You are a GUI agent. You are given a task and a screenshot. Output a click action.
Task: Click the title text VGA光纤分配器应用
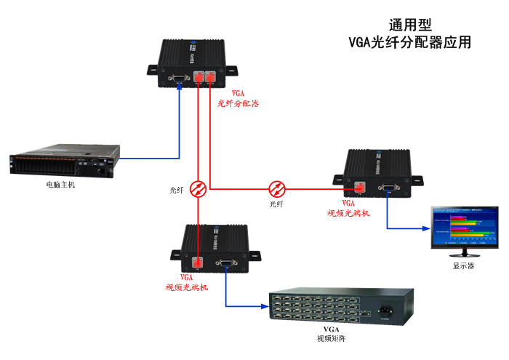(x=409, y=42)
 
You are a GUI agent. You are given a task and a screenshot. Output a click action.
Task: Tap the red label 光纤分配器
(x=238, y=103)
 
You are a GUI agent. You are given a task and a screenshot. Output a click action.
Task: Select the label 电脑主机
(x=60, y=185)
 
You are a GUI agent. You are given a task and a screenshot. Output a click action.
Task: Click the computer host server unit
(x=63, y=164)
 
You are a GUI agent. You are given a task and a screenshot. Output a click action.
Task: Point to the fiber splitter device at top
(x=192, y=65)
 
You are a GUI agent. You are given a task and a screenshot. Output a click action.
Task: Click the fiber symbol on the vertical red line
(x=198, y=189)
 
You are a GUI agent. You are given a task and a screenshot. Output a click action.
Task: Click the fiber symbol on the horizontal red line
(x=277, y=188)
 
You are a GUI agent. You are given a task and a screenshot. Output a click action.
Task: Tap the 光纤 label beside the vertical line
(x=177, y=190)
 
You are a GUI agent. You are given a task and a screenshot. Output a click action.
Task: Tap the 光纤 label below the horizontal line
(x=276, y=204)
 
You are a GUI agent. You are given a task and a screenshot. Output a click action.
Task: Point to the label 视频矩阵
(x=326, y=338)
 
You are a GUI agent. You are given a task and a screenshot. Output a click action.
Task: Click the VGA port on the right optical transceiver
(x=390, y=188)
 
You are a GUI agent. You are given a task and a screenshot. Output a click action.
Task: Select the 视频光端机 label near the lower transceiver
(x=187, y=287)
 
